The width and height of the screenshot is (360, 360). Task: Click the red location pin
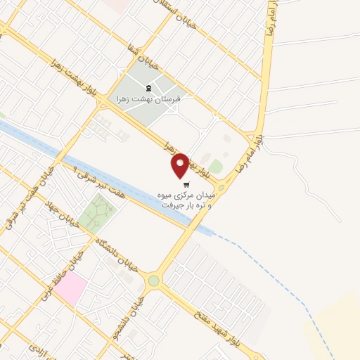pyautogui.click(x=181, y=165)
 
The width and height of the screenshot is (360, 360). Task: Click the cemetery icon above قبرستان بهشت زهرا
pyautogui.click(x=148, y=88)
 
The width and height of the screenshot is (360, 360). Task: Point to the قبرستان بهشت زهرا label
pyautogui.click(x=148, y=99)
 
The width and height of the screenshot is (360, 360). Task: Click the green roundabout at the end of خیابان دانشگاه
pyautogui.click(x=153, y=281)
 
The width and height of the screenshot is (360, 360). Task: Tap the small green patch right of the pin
pyautogui.click(x=216, y=167)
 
